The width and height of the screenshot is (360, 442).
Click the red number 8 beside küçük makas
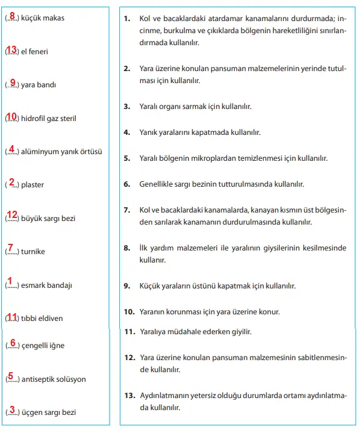click(12, 16)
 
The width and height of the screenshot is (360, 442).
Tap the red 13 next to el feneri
click(11, 49)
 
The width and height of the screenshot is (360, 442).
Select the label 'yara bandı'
click(39, 85)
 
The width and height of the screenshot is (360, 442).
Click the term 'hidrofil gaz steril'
click(49, 119)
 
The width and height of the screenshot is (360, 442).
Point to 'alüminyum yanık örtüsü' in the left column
click(61, 152)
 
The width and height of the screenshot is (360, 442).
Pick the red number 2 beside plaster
click(11, 182)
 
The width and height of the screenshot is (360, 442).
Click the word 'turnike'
click(33, 251)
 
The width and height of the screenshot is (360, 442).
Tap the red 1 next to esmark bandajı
click(10, 281)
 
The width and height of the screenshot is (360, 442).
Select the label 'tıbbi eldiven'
click(42, 318)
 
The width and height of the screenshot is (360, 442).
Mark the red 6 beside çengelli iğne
click(13, 343)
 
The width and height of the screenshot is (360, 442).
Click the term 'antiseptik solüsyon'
click(54, 379)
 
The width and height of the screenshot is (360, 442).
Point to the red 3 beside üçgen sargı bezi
click(12, 410)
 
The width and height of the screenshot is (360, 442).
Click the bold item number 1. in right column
click(127, 19)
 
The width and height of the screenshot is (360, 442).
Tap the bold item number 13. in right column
click(129, 395)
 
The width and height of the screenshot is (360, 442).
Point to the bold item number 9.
click(127, 286)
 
